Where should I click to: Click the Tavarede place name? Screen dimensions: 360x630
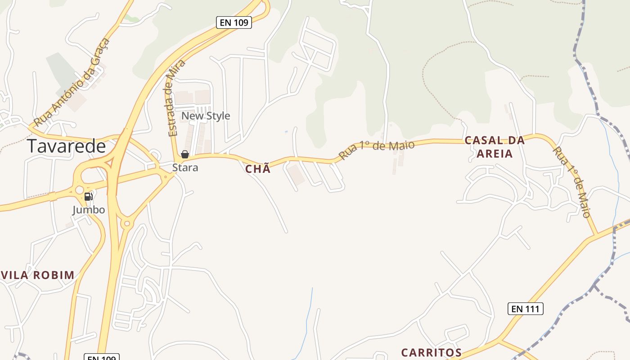click(66, 146)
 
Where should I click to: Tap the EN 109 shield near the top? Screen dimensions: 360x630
click(234, 22)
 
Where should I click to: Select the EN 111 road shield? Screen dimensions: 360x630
click(526, 309)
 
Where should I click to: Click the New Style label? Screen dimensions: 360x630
click(206, 116)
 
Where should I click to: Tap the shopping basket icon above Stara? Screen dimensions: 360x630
click(184, 154)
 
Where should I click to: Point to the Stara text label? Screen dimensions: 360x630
click(185, 168)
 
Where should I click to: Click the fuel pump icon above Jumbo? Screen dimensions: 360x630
click(89, 196)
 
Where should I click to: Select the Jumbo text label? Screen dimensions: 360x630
click(89, 210)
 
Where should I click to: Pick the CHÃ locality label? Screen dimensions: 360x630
click(258, 169)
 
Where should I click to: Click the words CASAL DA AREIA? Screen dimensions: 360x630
click(495, 147)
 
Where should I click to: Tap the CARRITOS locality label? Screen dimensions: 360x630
click(431, 352)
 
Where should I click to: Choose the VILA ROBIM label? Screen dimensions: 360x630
click(38, 275)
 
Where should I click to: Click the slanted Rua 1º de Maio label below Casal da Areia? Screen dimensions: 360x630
click(571, 182)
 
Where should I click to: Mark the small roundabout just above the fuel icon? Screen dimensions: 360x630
click(80, 190)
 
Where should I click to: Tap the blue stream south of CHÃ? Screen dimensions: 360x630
click(310, 310)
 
